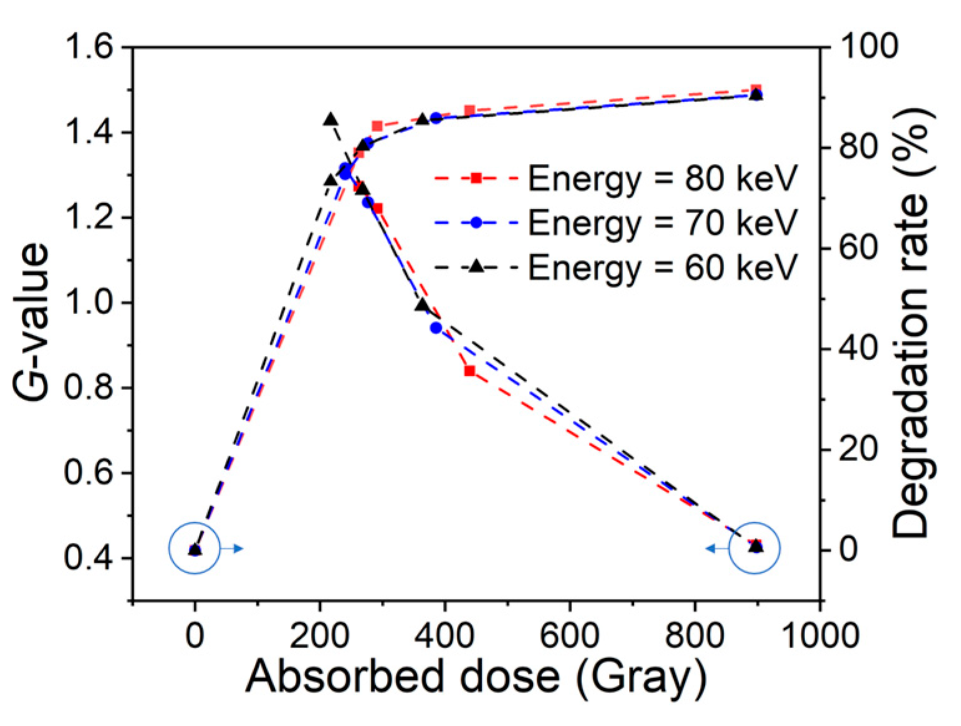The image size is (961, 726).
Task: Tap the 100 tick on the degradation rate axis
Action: (869, 47)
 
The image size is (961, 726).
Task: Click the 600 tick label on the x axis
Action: (569, 636)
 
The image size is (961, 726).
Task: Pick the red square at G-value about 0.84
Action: (470, 371)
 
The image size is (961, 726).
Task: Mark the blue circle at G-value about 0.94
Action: (436, 328)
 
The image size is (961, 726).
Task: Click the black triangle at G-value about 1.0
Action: (423, 305)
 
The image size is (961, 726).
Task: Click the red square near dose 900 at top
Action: (756, 90)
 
